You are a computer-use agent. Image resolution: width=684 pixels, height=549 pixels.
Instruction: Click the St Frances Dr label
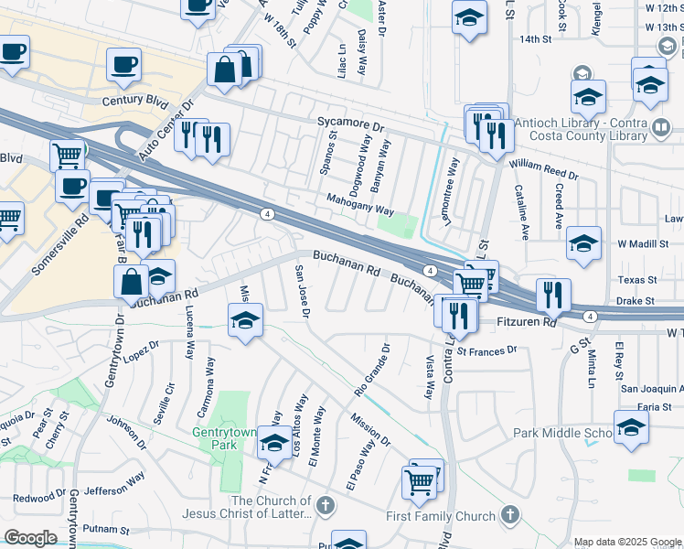click(x=487, y=350)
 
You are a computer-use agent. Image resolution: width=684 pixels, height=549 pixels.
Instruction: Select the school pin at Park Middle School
click(x=631, y=427)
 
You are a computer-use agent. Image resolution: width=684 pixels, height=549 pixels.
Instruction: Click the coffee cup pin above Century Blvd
click(x=123, y=65)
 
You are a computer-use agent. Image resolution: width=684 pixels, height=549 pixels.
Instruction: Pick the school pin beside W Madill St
click(x=583, y=243)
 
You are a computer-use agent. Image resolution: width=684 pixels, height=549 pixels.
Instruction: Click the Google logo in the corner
click(x=30, y=538)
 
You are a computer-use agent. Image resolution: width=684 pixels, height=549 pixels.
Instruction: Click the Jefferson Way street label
click(x=116, y=480)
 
